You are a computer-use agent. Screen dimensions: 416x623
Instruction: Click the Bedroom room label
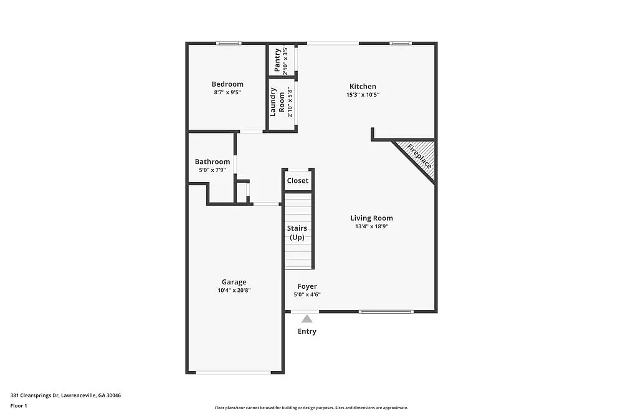click(227, 84)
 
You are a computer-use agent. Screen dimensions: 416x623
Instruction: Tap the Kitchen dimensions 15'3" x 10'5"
click(363, 95)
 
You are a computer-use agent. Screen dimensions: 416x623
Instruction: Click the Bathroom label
click(212, 162)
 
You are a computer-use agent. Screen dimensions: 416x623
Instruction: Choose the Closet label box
click(298, 181)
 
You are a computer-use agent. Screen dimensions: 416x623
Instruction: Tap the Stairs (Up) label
click(297, 233)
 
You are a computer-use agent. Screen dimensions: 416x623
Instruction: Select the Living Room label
click(371, 218)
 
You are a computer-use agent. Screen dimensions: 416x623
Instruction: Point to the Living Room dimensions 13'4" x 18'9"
click(371, 227)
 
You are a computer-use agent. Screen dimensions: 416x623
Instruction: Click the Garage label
click(234, 282)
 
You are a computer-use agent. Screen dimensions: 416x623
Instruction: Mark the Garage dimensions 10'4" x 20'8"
click(234, 291)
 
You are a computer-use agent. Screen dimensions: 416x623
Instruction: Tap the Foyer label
click(307, 286)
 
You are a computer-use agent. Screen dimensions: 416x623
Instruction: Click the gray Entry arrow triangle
click(307, 319)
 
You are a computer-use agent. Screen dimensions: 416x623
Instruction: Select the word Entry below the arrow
click(307, 331)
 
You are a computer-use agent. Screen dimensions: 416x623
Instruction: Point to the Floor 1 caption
click(19, 405)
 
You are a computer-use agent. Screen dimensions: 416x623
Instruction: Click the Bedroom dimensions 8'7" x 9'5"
click(227, 93)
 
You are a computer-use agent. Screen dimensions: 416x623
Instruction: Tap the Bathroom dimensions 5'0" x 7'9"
click(212, 170)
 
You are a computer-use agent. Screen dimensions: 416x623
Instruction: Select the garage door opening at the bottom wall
click(234, 372)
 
